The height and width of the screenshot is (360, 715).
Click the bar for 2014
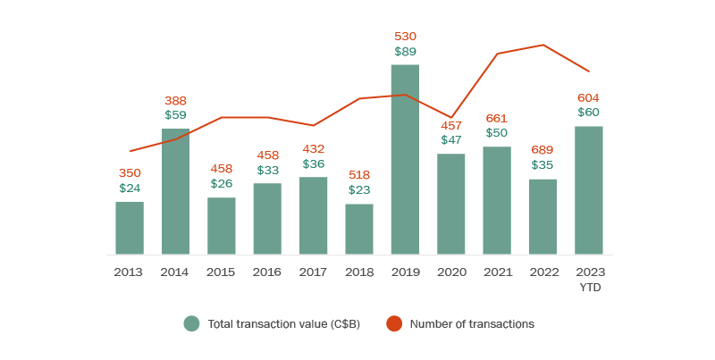coord(175,191)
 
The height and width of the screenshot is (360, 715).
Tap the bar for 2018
coord(359,229)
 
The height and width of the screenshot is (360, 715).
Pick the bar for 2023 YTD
coord(588,189)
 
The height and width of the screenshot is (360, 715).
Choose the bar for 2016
coord(267,218)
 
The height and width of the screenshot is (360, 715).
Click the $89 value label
coord(405,52)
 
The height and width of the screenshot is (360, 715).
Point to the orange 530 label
coord(405,37)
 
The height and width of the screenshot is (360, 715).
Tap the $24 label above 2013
coord(130,188)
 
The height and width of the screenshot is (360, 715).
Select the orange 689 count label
coord(543,149)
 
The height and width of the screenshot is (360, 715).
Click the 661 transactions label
coord(497,118)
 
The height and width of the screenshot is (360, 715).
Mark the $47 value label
coord(451,139)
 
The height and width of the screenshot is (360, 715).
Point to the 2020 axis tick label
coord(451,272)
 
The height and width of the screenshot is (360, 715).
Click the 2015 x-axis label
coord(221,272)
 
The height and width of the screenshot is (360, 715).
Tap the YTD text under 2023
coord(588,286)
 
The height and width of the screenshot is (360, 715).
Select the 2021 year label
coord(497,272)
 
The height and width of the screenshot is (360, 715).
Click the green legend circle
coord(191,324)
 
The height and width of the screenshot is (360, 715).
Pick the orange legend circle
coord(393,324)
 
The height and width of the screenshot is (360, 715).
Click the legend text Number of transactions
coord(471,324)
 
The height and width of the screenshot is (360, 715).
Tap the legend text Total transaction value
coord(283,324)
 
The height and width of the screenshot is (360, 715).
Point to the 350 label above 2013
coord(130,173)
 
